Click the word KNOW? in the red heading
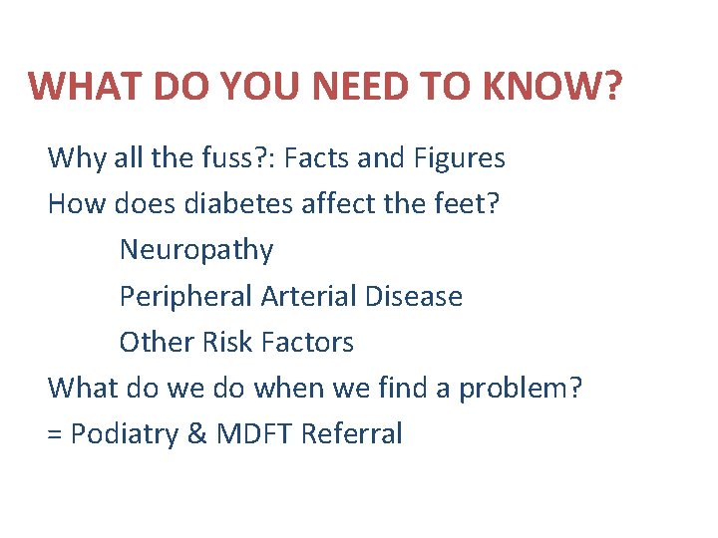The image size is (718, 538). click(549, 87)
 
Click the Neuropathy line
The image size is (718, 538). click(196, 251)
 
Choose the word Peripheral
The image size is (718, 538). click(185, 297)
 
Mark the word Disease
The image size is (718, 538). click(414, 297)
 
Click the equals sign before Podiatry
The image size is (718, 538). click(55, 435)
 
